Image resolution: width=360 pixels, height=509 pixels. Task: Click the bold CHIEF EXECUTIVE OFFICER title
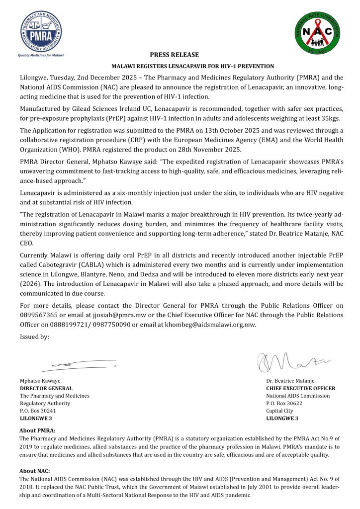[x=300, y=388]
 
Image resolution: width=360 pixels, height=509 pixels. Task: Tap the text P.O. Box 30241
[x=38, y=411]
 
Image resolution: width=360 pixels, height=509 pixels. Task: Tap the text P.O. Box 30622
[x=284, y=403]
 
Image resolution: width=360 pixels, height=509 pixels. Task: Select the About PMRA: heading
[x=37, y=430]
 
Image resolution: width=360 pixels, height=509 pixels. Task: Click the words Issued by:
[x=34, y=337]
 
